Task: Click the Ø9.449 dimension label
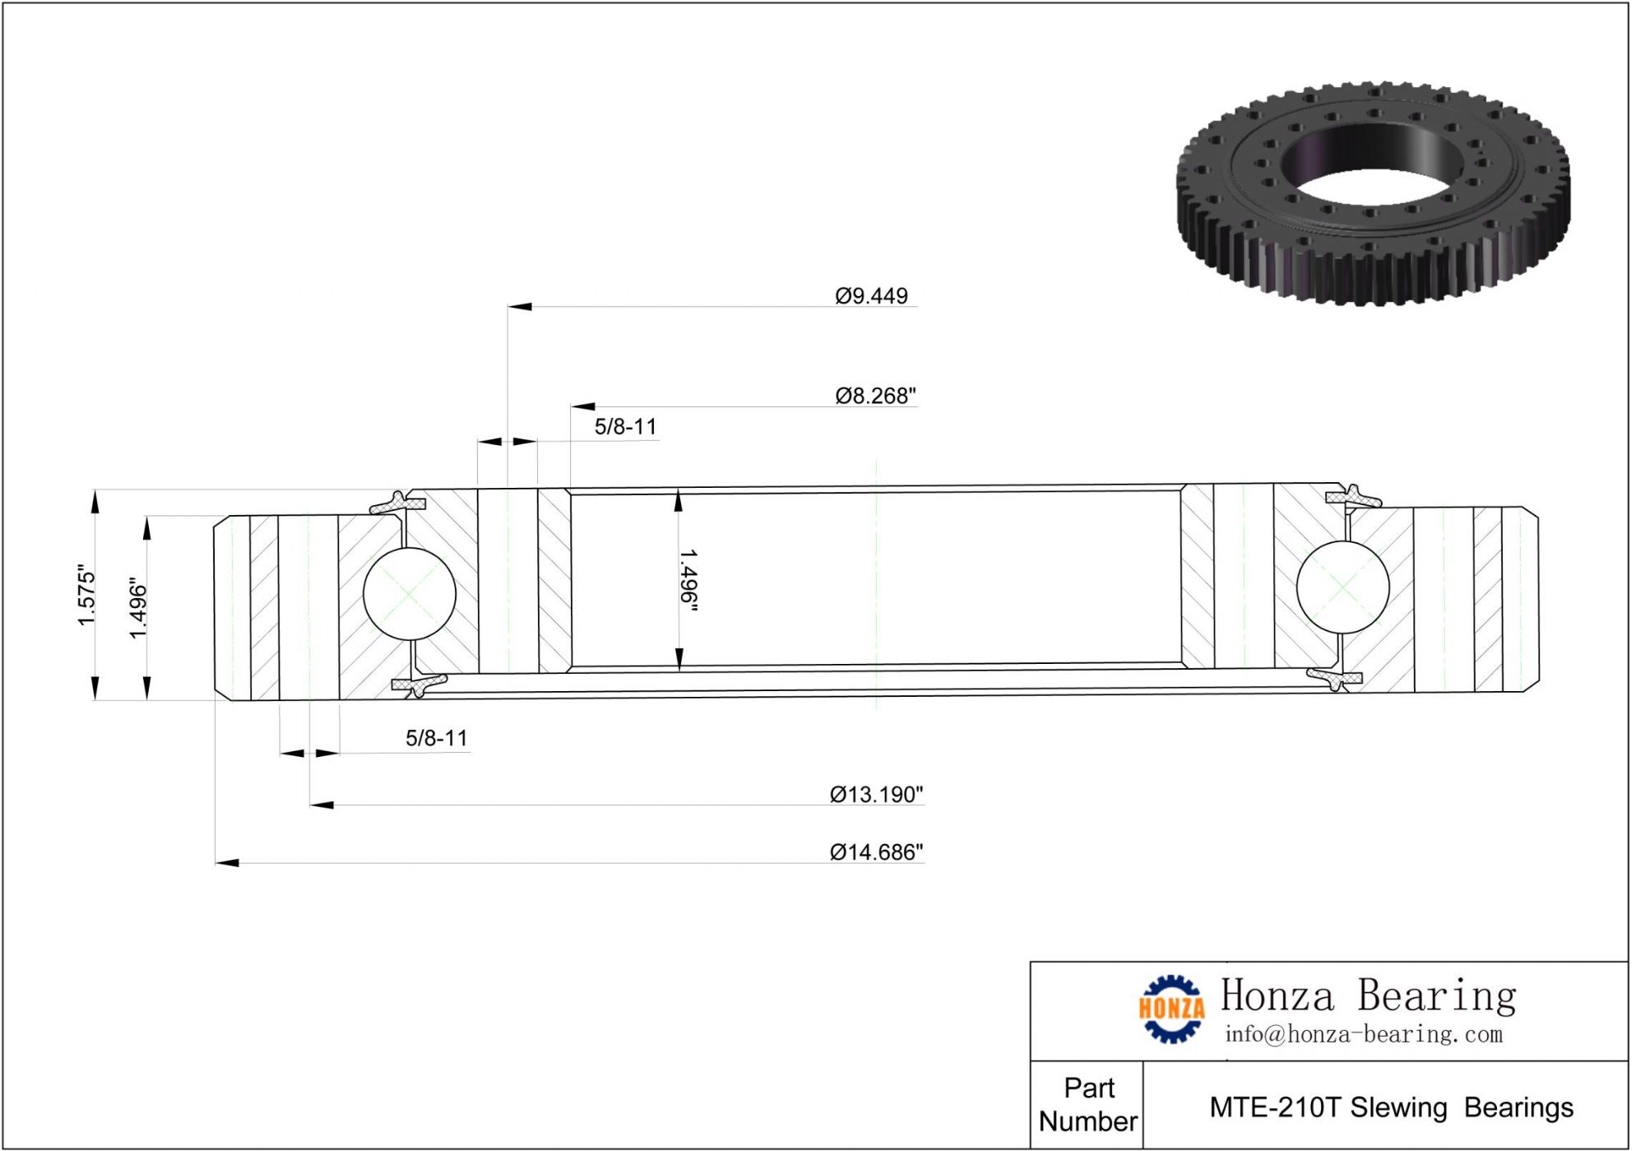[871, 296]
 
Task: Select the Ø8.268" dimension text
[875, 396]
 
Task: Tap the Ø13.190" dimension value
[876, 795]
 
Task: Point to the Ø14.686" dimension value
[876, 852]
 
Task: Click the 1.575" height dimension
[86, 595]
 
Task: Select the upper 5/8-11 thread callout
[625, 427]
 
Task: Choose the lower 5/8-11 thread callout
[436, 738]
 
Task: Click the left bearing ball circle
[409, 593]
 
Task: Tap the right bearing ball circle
[1342, 587]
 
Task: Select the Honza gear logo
[1171, 1009]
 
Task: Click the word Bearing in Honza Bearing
[1436, 996]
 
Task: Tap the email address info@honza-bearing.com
[1363, 1034]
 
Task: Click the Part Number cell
[1087, 1105]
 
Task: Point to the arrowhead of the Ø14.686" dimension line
[227, 863]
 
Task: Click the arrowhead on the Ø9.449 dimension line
[520, 307]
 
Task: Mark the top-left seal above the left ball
[397, 503]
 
